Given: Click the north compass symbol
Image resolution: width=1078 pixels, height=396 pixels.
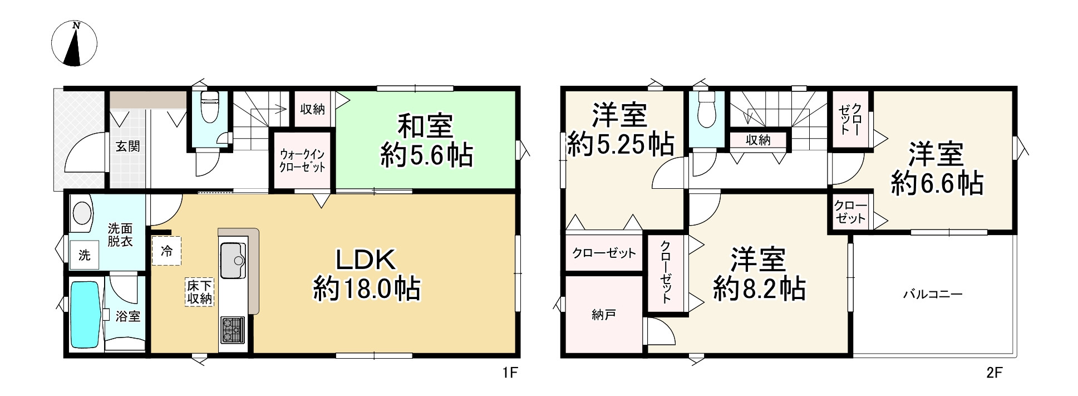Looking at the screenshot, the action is (74, 43).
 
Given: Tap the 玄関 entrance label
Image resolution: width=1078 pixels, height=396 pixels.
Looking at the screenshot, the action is (127, 146).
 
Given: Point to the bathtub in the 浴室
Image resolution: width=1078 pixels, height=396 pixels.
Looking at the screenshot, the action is (86, 315).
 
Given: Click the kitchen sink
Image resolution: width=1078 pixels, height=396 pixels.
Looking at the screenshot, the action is (233, 261).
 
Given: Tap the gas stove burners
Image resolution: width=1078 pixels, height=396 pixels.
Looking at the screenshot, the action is (233, 330).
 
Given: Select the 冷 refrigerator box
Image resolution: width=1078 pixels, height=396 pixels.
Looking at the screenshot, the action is (166, 251).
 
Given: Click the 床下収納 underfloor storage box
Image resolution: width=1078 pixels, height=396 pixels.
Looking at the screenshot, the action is (199, 292).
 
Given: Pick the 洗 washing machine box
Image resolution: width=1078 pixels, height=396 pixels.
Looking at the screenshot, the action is (84, 255).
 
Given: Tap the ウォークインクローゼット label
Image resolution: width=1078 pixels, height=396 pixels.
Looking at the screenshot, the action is (302, 160).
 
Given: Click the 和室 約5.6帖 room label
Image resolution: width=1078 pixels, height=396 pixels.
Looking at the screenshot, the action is (426, 140).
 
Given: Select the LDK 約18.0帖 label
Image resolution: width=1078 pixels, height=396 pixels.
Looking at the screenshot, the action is (367, 275).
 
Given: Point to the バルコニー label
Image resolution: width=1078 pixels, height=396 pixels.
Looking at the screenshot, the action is (932, 294).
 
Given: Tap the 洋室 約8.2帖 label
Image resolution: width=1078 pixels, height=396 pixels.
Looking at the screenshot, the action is (759, 275).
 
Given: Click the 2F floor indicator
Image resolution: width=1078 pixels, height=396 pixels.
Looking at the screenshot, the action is (995, 373).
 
